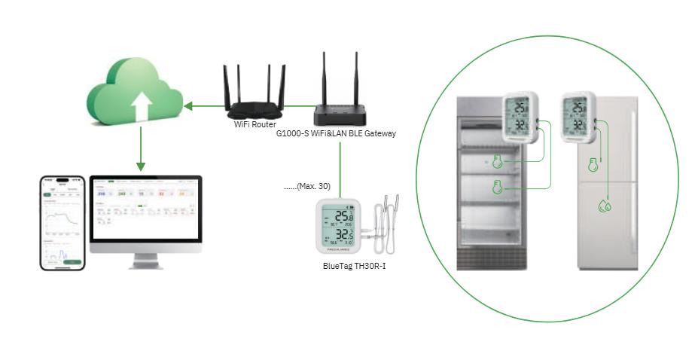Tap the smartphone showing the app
[x=62, y=222]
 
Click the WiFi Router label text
[x=255, y=124]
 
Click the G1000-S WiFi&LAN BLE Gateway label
[x=336, y=133]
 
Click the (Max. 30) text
[x=307, y=185]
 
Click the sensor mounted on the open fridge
[x=520, y=117]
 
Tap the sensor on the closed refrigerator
[x=578, y=117]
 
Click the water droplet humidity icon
[x=604, y=205]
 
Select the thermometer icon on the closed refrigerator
[x=593, y=163]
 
